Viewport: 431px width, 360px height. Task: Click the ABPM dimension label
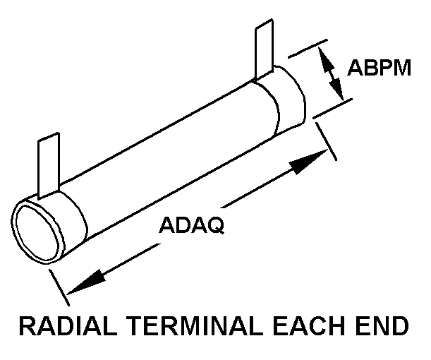click(377, 68)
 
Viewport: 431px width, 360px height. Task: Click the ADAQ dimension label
click(191, 226)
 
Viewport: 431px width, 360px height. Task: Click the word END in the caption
click(386, 328)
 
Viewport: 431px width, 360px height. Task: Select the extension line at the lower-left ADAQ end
click(59, 283)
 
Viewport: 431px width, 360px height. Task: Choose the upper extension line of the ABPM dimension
click(306, 49)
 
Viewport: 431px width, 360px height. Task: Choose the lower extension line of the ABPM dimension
click(332, 109)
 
